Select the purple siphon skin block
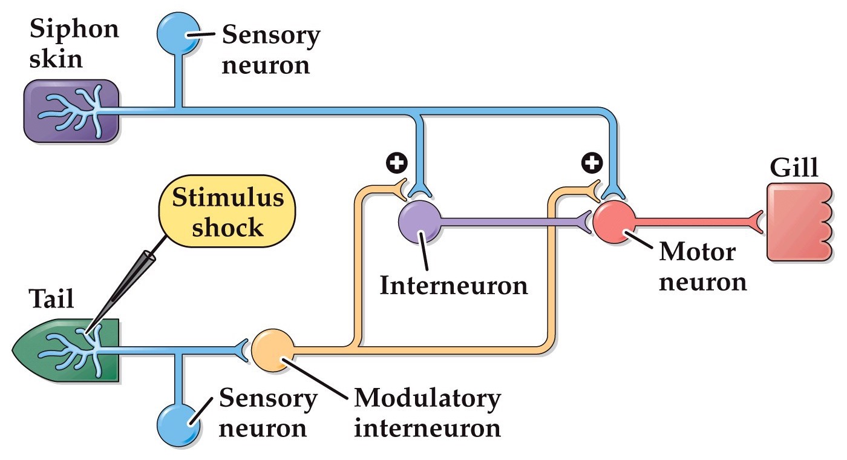(x=71, y=111)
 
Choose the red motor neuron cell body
(x=613, y=222)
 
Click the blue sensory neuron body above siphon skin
(x=178, y=34)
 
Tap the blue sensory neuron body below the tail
(x=178, y=422)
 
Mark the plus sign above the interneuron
(x=397, y=162)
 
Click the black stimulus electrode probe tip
(x=91, y=330)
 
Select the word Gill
(x=793, y=168)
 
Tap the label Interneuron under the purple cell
(x=453, y=285)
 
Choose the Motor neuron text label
(x=702, y=267)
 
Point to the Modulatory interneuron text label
(x=427, y=413)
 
